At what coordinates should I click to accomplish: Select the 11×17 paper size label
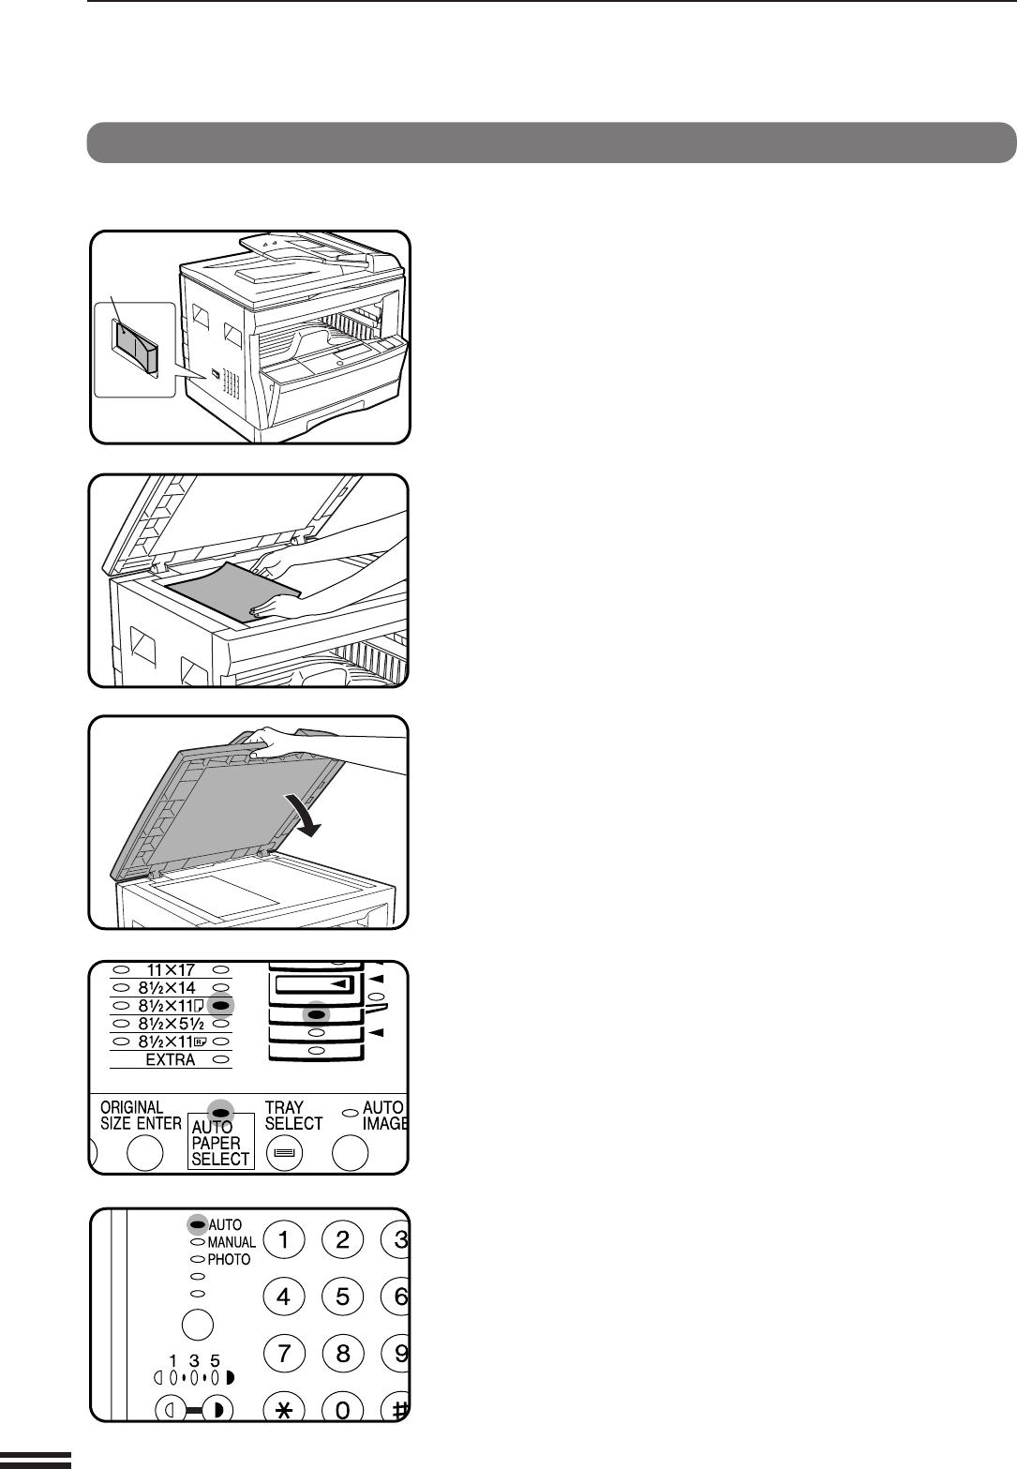[x=171, y=969]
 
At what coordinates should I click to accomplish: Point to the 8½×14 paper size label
[x=167, y=988]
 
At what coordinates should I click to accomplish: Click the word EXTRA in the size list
[x=171, y=1059]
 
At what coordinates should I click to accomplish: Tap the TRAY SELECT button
[x=284, y=1153]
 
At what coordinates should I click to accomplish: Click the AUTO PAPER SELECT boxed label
[x=221, y=1141]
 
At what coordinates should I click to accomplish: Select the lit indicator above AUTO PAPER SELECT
[x=221, y=1112]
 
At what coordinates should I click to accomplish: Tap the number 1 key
[x=284, y=1240]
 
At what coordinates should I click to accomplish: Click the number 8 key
[x=342, y=1353]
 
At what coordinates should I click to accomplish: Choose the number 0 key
[x=342, y=1409]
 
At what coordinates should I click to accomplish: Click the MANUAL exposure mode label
[x=232, y=1242]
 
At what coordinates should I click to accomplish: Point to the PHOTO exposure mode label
[x=229, y=1259]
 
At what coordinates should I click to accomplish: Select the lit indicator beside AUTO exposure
[x=198, y=1224]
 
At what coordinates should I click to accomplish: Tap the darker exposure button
[x=217, y=1409]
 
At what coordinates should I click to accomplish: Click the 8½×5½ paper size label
[x=172, y=1024]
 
